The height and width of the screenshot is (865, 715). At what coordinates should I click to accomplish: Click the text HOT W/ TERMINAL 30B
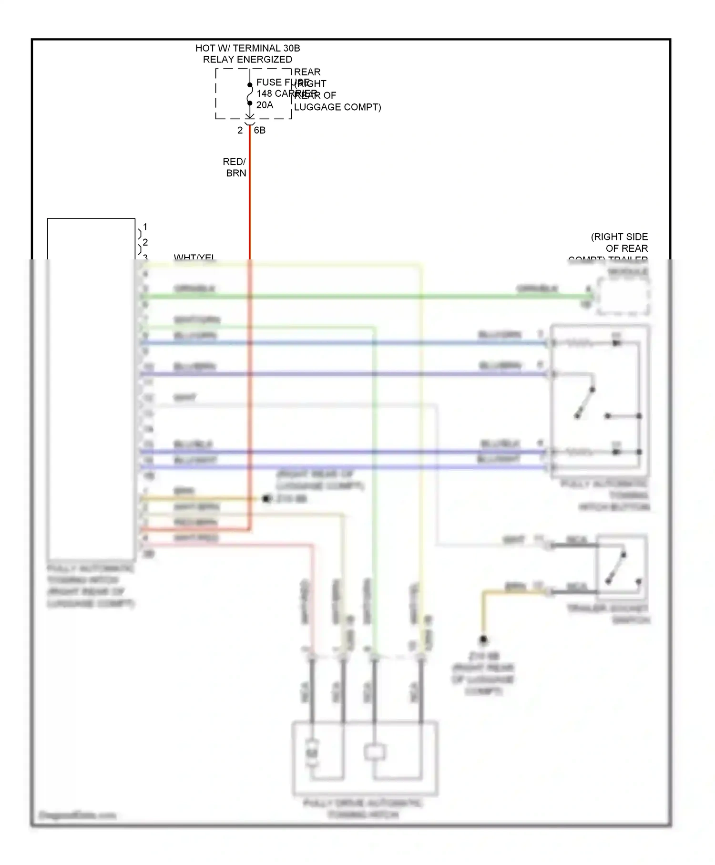tap(247, 48)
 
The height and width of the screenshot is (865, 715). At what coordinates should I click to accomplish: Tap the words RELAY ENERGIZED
tap(247, 60)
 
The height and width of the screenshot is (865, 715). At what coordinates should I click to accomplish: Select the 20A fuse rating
tap(265, 105)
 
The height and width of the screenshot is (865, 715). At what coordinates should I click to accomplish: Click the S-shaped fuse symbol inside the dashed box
tap(249, 94)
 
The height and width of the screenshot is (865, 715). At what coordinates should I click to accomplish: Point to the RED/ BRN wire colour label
tap(235, 167)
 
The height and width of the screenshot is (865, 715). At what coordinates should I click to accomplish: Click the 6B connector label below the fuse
tap(260, 130)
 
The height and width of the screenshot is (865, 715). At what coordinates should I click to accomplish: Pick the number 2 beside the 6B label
tap(240, 130)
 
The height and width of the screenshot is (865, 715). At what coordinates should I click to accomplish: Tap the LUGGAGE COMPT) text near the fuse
tap(337, 107)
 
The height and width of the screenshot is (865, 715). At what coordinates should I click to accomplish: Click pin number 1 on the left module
tap(145, 227)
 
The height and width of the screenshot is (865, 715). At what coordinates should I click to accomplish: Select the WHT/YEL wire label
tap(194, 257)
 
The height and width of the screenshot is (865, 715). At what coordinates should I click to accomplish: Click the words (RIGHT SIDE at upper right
tap(619, 237)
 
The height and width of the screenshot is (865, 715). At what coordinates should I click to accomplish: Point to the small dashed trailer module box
tap(623, 297)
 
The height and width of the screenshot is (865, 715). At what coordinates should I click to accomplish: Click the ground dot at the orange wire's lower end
tap(483, 639)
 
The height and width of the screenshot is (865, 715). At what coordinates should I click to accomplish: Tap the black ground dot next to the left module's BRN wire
tap(266, 499)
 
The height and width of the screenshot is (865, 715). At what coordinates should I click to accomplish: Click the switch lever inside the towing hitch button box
tap(585, 403)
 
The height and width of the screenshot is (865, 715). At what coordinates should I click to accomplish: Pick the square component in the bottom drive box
tap(375, 752)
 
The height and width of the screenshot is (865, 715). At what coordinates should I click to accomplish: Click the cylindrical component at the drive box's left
tap(312, 752)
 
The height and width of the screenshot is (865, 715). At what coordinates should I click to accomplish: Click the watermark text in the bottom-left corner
tap(77, 815)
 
